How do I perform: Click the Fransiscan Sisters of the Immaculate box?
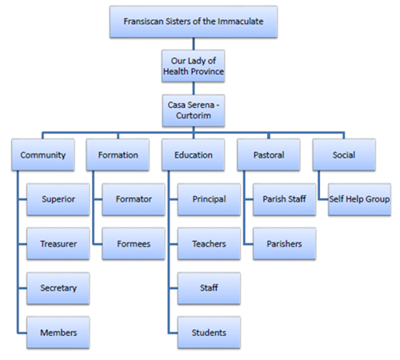point(194,22)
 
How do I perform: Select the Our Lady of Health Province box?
point(194,66)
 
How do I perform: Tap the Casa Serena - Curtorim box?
point(194,110)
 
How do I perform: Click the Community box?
point(43,154)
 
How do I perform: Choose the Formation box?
point(118,154)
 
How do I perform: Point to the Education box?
point(194,154)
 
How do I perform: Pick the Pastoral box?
point(269,154)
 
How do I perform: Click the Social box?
point(344,154)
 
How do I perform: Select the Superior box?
point(58,199)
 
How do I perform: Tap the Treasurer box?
point(58,243)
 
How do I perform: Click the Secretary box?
point(58,288)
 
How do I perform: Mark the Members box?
point(58,332)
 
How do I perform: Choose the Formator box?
point(134,199)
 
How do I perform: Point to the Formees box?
point(134,243)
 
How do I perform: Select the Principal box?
point(209,199)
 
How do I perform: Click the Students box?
point(209,332)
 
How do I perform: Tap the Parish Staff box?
point(285,199)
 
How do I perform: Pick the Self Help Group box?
point(360,199)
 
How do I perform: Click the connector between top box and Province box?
point(194,44)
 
